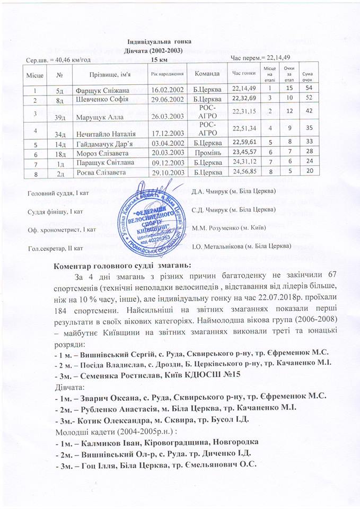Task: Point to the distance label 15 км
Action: click(159, 59)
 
